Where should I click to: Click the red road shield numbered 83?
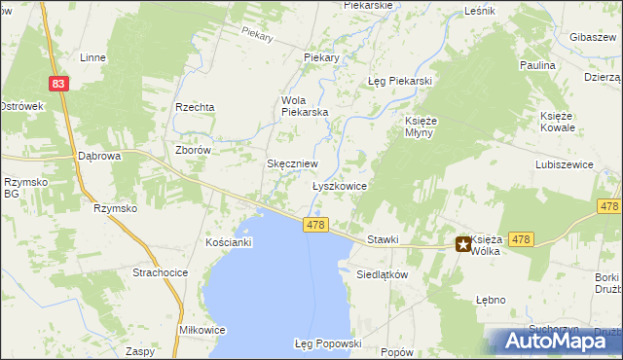click(60, 85)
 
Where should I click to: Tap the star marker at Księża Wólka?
click(462, 245)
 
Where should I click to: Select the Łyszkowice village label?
click(339, 185)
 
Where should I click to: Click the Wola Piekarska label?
click(305, 106)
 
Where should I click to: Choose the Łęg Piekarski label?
click(399, 81)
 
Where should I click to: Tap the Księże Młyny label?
click(423, 126)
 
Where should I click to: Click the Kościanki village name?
click(229, 241)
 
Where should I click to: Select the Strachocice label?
click(160, 273)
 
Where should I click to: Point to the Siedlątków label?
click(381, 274)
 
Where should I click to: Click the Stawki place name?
click(384, 239)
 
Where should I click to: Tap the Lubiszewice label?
click(564, 165)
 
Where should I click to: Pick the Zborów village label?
click(192, 151)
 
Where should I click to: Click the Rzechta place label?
click(194, 107)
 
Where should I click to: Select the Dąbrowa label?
click(98, 156)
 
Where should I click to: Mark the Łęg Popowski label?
click(328, 343)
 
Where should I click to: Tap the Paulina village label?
click(537, 65)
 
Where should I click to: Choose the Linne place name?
click(93, 57)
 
